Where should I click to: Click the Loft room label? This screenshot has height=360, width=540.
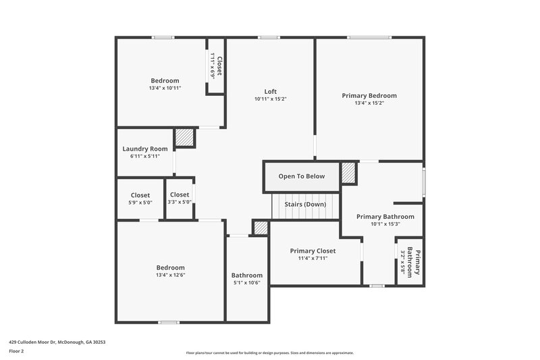pos(270,92)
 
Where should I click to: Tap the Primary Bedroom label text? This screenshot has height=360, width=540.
pos(369,96)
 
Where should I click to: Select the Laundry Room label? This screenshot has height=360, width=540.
pos(145,149)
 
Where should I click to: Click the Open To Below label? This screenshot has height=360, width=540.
pos(302,176)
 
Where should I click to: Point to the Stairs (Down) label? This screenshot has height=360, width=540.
pos(305,204)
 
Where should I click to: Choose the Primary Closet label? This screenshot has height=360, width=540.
pos(313,251)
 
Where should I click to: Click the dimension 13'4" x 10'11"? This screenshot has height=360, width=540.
pos(165,88)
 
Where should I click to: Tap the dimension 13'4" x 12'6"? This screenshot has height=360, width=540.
pos(170,275)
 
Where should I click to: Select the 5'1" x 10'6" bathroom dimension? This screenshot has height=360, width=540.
pos(247,282)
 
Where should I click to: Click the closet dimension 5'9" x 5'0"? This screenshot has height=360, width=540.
pos(140,202)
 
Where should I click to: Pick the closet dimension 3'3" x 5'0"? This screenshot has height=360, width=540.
pos(180,202)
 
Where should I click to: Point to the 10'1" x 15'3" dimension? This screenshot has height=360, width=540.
pos(385,224)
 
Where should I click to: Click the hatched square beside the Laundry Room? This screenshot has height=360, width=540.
pos(185,138)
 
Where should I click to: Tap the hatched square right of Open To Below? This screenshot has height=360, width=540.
pos(348,172)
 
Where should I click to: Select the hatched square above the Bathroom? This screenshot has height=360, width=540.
pos(261,228)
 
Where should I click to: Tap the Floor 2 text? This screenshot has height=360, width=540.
pos(16,351)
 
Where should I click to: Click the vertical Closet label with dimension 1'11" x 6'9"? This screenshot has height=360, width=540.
pos(216,67)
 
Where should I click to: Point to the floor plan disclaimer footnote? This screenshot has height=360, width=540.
pos(269,353)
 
